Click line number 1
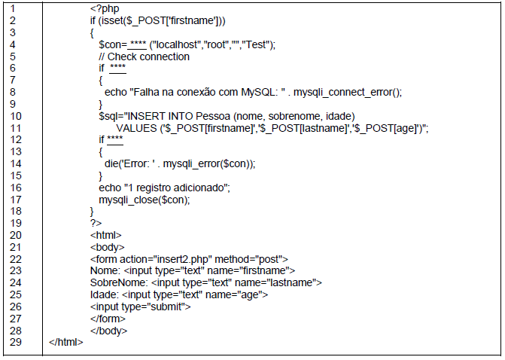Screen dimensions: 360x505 coord(14,8)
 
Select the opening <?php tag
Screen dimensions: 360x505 coord(103,8)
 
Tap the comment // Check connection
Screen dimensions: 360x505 coord(144,56)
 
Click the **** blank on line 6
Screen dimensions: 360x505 coord(117,69)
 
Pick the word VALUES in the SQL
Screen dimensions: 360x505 coord(136,128)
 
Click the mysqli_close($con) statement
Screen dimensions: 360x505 coord(144,200)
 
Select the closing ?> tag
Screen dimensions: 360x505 coord(95,223)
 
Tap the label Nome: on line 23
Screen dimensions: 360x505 coord(103,270)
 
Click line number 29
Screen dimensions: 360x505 coord(14,342)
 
